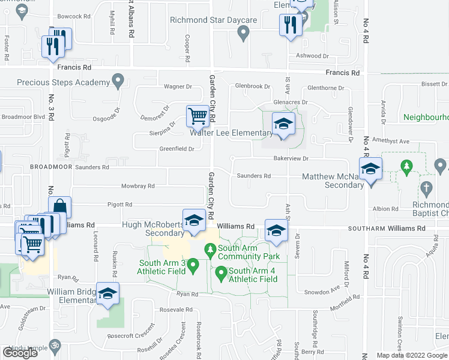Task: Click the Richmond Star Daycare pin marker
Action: coord(243,33)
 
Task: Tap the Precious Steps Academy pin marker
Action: coord(118,80)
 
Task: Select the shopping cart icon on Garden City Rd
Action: coord(197,116)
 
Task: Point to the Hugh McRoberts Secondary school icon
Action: coord(194,220)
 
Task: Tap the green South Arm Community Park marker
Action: coord(210,249)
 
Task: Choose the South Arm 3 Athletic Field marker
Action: coord(193,264)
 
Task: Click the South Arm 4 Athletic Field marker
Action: coord(220,275)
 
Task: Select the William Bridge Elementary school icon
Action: coord(108,294)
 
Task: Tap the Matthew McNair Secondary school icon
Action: coord(370,169)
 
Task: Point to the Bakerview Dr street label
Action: coord(291,159)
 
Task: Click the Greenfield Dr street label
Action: coord(176,149)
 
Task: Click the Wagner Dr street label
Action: coord(178,87)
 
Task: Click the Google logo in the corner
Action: coord(20,353)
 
